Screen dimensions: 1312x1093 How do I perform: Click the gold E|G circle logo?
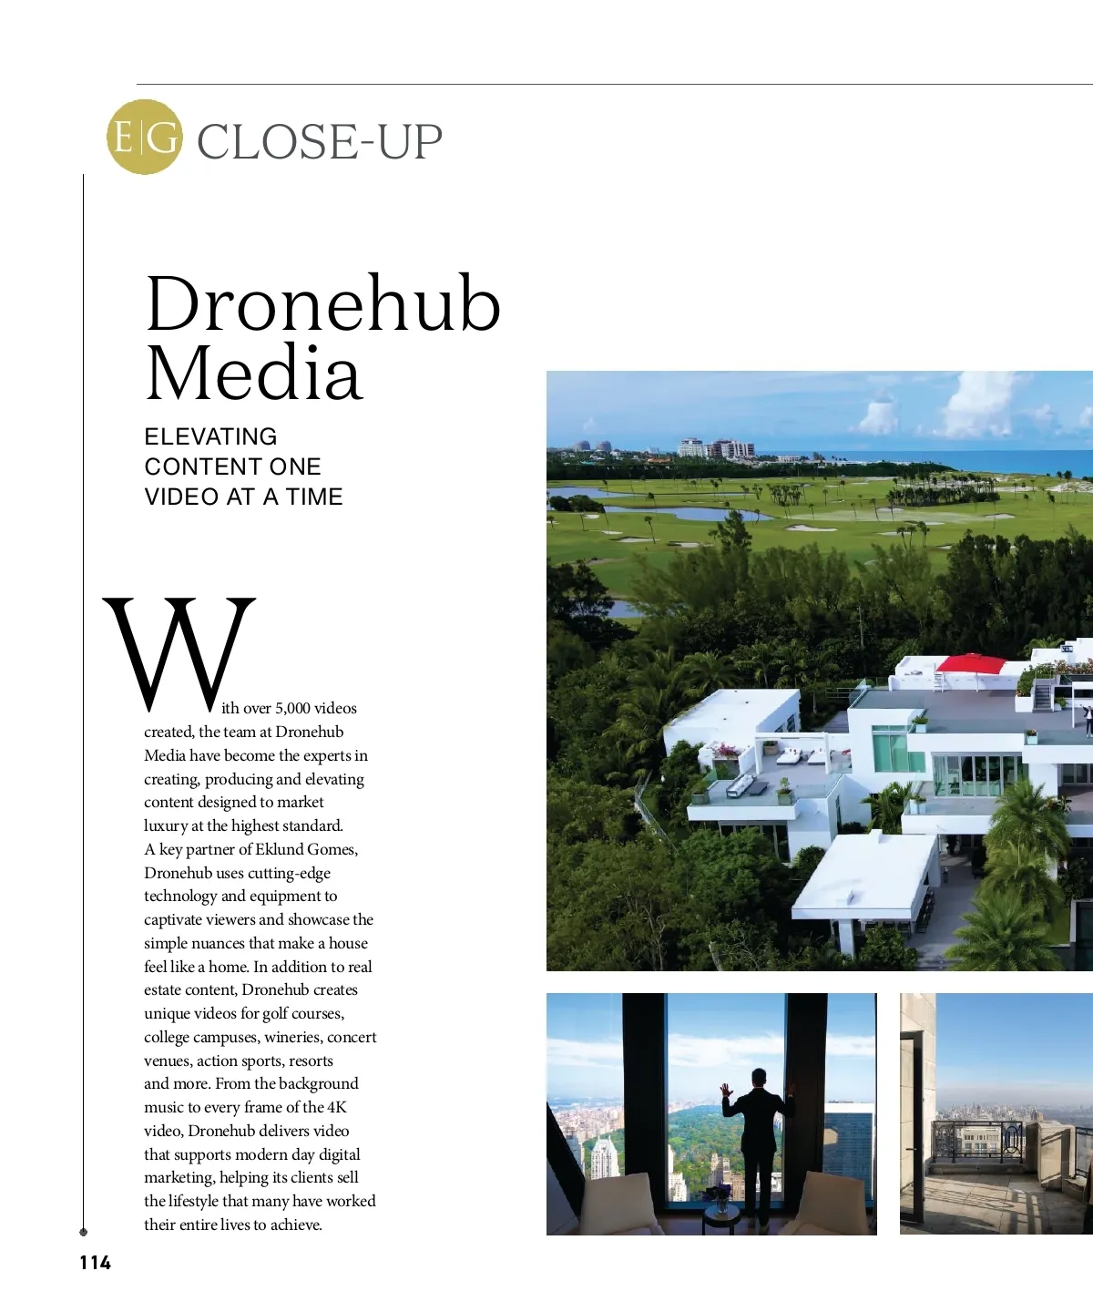pyautogui.click(x=144, y=137)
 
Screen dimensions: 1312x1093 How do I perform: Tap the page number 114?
pyautogui.click(x=95, y=1262)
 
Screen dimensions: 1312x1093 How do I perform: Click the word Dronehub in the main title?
pyautogui.click(x=322, y=304)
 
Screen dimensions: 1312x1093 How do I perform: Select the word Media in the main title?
pyautogui.click(x=253, y=374)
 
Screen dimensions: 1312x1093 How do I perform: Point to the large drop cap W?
pyautogui.click(x=179, y=654)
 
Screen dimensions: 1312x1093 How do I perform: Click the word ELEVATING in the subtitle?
pyautogui.click(x=210, y=436)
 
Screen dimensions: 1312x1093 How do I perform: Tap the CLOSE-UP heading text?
pyautogui.click(x=319, y=142)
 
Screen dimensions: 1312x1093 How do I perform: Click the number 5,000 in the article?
pyautogui.click(x=292, y=708)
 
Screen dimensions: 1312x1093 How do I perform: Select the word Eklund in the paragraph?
pyautogui.click(x=279, y=849)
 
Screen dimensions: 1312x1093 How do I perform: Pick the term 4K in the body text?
pyautogui.click(x=337, y=1107)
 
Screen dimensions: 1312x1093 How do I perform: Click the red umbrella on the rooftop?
pyautogui.click(x=970, y=662)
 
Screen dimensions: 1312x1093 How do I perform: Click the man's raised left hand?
pyautogui.click(x=726, y=1091)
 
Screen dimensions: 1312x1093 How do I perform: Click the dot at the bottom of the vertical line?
pyautogui.click(x=84, y=1232)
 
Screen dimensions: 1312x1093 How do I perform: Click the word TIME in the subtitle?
pyautogui.click(x=314, y=497)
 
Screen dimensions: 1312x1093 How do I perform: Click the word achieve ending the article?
pyautogui.click(x=296, y=1225)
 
